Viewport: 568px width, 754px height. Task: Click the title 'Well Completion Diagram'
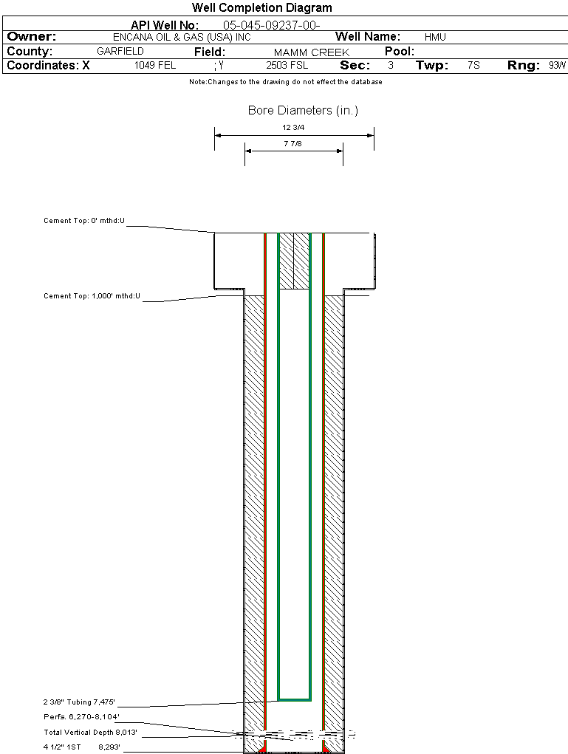pos(261,7)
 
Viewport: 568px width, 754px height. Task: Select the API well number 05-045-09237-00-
pos(271,26)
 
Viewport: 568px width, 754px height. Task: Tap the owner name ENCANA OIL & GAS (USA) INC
pos(182,37)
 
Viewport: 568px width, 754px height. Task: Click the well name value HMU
pos(435,37)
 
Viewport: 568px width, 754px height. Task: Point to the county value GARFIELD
pos(120,51)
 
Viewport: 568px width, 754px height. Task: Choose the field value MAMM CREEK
pos(312,52)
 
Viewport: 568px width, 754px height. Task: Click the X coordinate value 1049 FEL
pos(155,66)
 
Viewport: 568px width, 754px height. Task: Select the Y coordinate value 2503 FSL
pos(287,66)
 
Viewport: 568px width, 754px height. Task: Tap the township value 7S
pos(473,66)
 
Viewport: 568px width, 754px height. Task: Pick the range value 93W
pos(557,66)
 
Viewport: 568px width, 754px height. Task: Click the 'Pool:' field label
pos(400,52)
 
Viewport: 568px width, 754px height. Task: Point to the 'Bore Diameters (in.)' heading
pos(303,110)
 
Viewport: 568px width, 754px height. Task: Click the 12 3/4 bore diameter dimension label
pos(293,128)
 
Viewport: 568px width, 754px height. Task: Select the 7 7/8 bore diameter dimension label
pos(293,143)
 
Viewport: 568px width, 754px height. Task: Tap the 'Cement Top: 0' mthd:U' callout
pos(84,221)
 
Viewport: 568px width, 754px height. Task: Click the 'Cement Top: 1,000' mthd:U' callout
pos(92,295)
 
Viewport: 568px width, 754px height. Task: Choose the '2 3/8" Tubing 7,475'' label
pos(79,702)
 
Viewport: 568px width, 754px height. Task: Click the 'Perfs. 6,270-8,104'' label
pos(82,716)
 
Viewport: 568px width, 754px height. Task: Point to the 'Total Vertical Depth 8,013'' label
pos(90,732)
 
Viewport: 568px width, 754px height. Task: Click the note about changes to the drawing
pos(286,82)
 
